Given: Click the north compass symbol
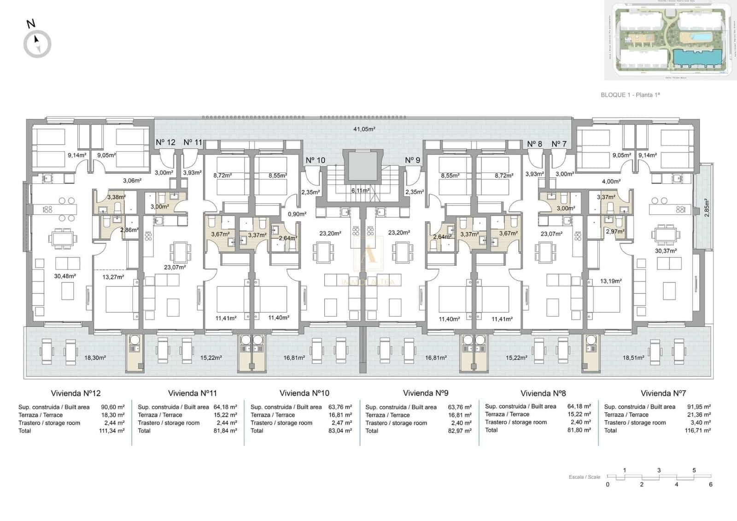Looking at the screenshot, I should (x=37, y=44).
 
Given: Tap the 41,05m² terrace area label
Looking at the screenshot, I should (x=364, y=129).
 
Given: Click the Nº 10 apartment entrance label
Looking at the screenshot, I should (x=315, y=160).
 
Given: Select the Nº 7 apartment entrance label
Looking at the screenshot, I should (x=559, y=144).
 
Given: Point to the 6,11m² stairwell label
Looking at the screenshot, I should (x=360, y=190).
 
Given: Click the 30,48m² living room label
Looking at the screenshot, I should (x=64, y=276).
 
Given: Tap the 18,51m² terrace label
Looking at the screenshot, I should (x=633, y=357).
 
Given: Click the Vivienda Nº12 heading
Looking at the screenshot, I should (x=76, y=393).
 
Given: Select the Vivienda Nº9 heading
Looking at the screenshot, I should (x=425, y=393).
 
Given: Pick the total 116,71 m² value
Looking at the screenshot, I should (x=697, y=430).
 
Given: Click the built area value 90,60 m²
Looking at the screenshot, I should (x=112, y=407).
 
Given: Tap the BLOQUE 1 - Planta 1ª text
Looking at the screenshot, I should (x=630, y=95).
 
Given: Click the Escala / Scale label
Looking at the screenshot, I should (x=584, y=477).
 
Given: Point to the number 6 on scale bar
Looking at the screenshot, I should (x=711, y=485).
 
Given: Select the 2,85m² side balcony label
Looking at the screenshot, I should (x=707, y=207).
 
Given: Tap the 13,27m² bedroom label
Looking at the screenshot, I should (x=113, y=277).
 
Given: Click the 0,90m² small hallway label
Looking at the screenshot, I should (x=297, y=214).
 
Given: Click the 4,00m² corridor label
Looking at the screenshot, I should (x=611, y=181).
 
